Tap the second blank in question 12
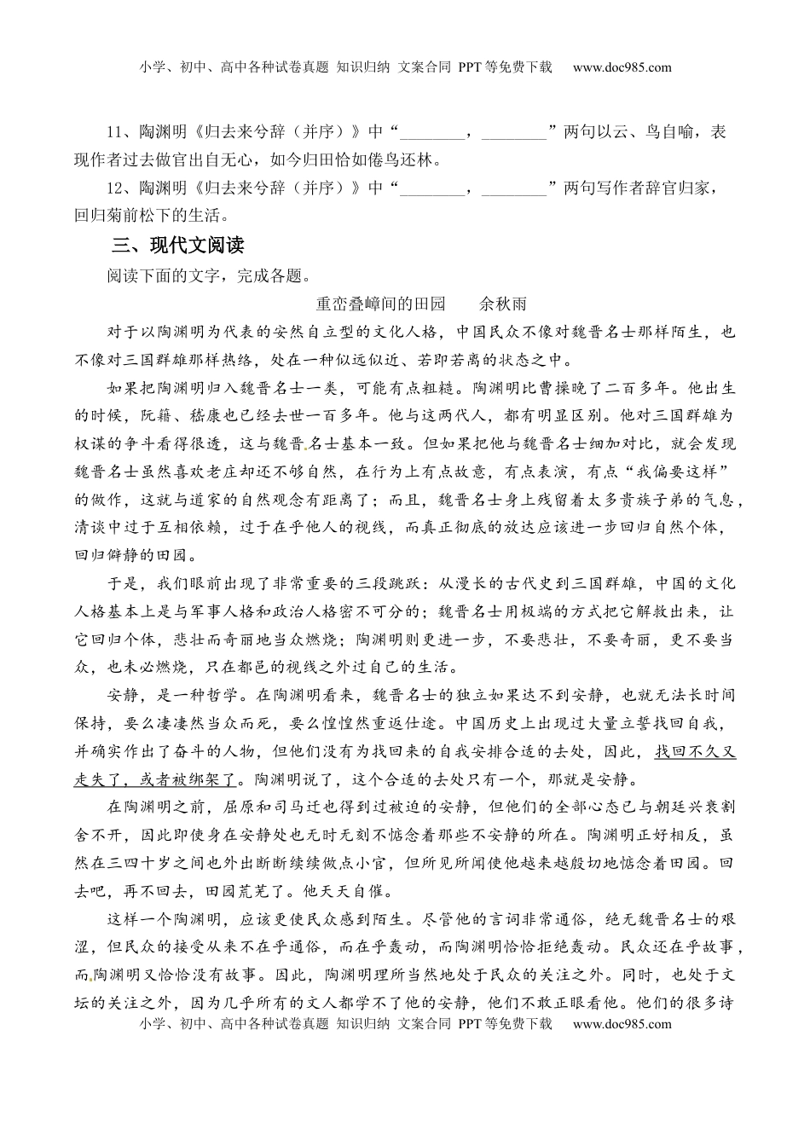click(515, 188)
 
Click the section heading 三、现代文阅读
click(178, 246)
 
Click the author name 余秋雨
click(503, 304)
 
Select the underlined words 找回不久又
click(695, 752)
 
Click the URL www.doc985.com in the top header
click(622, 68)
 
